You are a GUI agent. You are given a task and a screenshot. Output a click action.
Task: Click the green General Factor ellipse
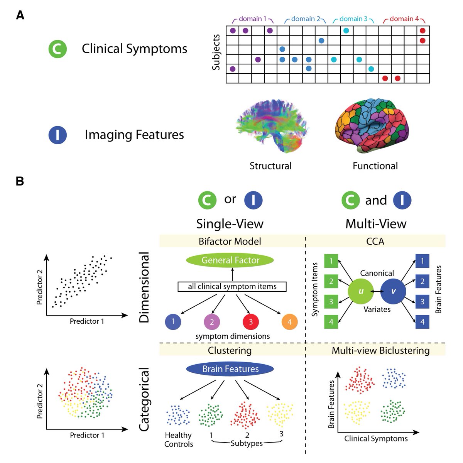pyautogui.click(x=230, y=260)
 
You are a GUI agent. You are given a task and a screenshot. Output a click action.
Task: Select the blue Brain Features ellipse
pyautogui.click(x=230, y=369)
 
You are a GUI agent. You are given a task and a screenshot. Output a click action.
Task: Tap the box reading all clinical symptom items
pyautogui.click(x=232, y=287)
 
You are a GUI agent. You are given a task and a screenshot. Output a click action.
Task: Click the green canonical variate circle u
pyautogui.click(x=361, y=291)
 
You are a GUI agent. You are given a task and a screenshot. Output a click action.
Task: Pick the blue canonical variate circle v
pyautogui.click(x=393, y=291)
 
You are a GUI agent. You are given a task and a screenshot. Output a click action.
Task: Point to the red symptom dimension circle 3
pyautogui.click(x=251, y=321)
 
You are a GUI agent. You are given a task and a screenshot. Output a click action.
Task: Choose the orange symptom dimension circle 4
pyautogui.click(x=290, y=322)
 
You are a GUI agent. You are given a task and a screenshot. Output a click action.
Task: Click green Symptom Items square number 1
pyautogui.click(x=331, y=261)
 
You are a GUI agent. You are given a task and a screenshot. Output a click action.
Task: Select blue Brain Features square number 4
pyautogui.click(x=422, y=322)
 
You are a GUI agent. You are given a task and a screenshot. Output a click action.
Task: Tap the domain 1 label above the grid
pyautogui.click(x=253, y=19)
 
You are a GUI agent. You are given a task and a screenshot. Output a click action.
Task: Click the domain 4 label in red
pyautogui.click(x=404, y=19)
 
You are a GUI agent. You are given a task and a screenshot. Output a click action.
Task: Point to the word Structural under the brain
pyautogui.click(x=270, y=166)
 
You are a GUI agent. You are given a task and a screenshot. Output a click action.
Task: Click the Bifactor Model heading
pyautogui.click(x=230, y=242)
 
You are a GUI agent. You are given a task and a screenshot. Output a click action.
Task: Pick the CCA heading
pyautogui.click(x=375, y=242)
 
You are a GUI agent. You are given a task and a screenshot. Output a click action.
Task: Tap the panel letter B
pyautogui.click(x=20, y=181)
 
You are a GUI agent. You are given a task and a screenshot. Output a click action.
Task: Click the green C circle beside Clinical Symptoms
pyautogui.click(x=57, y=49)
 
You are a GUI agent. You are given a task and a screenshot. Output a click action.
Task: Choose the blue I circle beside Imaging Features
pyautogui.click(x=57, y=135)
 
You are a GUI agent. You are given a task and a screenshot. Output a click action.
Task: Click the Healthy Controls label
pyautogui.click(x=178, y=439)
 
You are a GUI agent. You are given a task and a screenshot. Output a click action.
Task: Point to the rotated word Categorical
pyautogui.click(x=144, y=399)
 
